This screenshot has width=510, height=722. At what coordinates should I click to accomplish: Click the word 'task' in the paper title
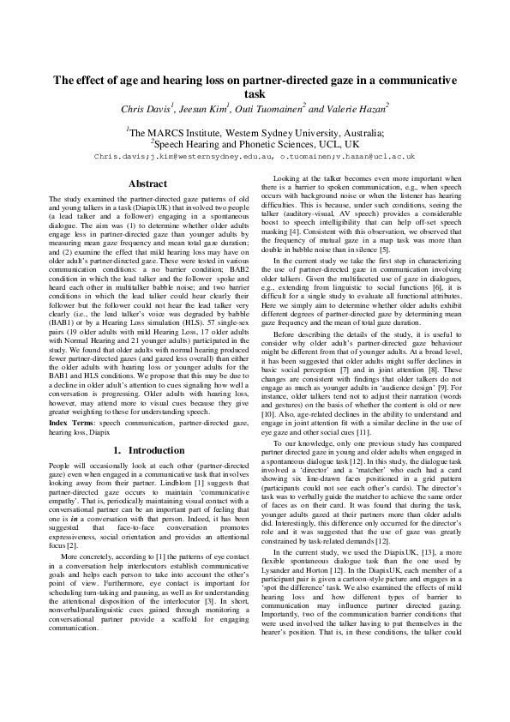pos(255,94)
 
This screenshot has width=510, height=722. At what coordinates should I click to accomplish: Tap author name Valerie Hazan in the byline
pos(357,109)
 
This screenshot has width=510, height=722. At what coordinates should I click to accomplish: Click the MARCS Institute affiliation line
pos(255,133)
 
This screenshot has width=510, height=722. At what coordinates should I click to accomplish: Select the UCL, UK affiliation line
pos(255,145)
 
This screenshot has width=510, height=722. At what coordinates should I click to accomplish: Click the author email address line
pos(255,157)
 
